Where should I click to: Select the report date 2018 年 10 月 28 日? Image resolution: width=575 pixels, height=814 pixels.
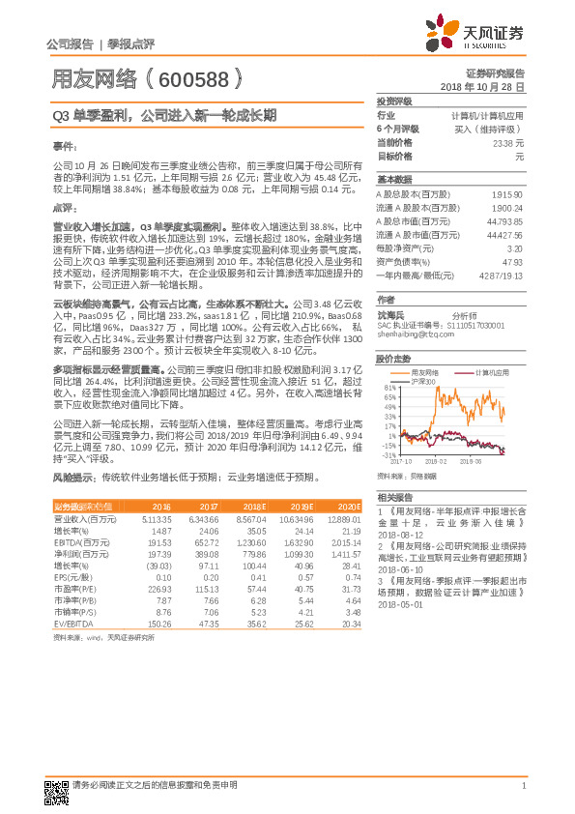point(482,87)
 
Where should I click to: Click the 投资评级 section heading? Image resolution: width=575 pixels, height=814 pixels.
point(394,101)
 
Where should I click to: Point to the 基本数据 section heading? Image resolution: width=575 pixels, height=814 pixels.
point(394,180)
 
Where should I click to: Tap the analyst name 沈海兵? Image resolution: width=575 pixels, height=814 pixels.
point(390,315)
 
